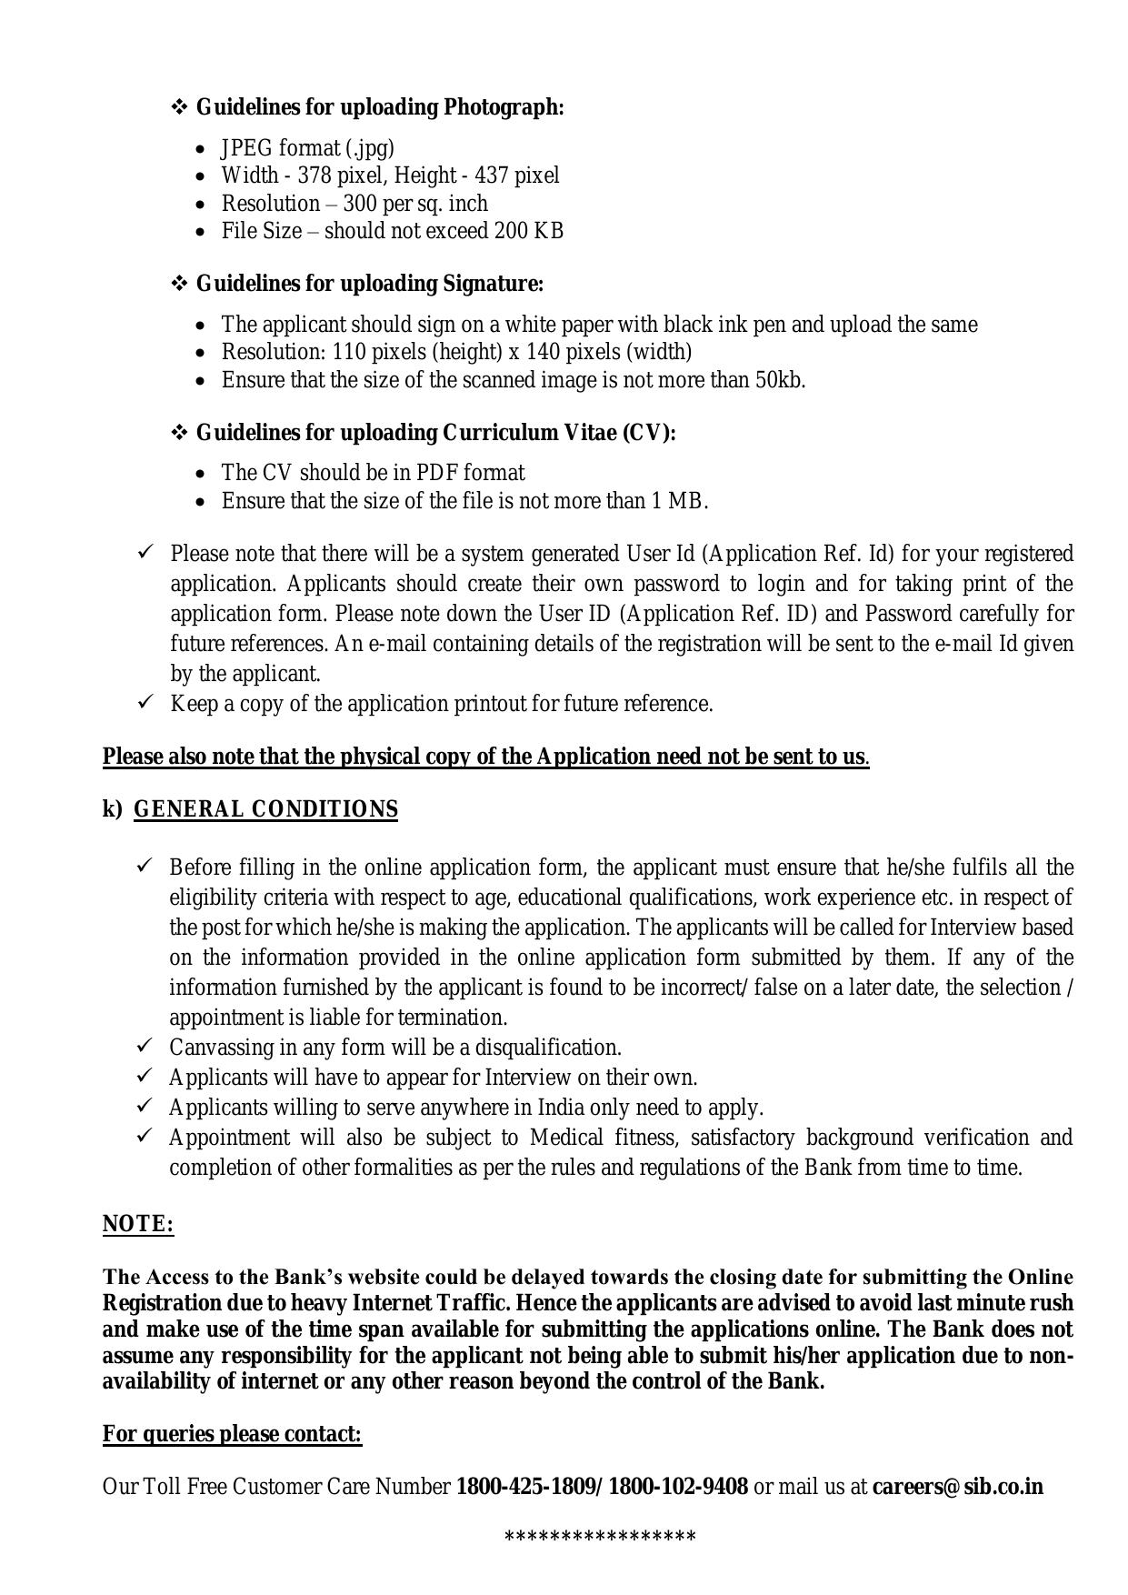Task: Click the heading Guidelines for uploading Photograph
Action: pyautogui.click(x=380, y=107)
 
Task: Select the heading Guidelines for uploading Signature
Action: pyautogui.click(x=370, y=284)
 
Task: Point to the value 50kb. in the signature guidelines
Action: pyautogui.click(x=780, y=380)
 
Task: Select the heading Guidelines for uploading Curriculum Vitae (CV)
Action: pyautogui.click(x=435, y=433)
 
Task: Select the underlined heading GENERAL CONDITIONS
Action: pyautogui.click(x=265, y=809)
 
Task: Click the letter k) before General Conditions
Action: pyautogui.click(x=112, y=809)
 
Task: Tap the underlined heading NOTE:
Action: pyautogui.click(x=138, y=1224)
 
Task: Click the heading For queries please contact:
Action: pyautogui.click(x=232, y=1434)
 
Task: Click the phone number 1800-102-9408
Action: pyautogui.click(x=678, y=1487)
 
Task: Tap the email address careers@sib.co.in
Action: pyautogui.click(x=957, y=1487)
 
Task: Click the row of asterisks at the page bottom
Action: pyautogui.click(x=600, y=1538)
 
